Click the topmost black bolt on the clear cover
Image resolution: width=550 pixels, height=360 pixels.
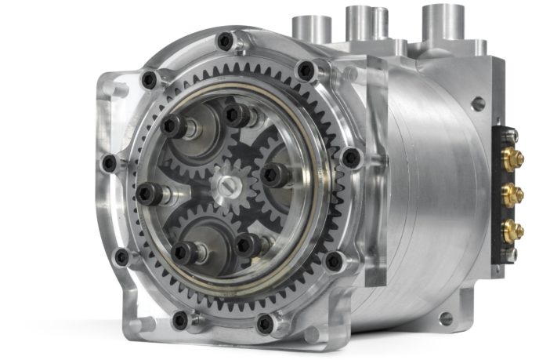point(226,39)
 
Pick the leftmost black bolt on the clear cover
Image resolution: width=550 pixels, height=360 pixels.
point(109,162)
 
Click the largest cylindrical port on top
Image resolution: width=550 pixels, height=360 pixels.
point(443,22)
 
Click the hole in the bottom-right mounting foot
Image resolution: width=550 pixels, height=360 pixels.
point(447,318)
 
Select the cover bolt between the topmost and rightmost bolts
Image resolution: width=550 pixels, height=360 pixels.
point(306,71)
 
